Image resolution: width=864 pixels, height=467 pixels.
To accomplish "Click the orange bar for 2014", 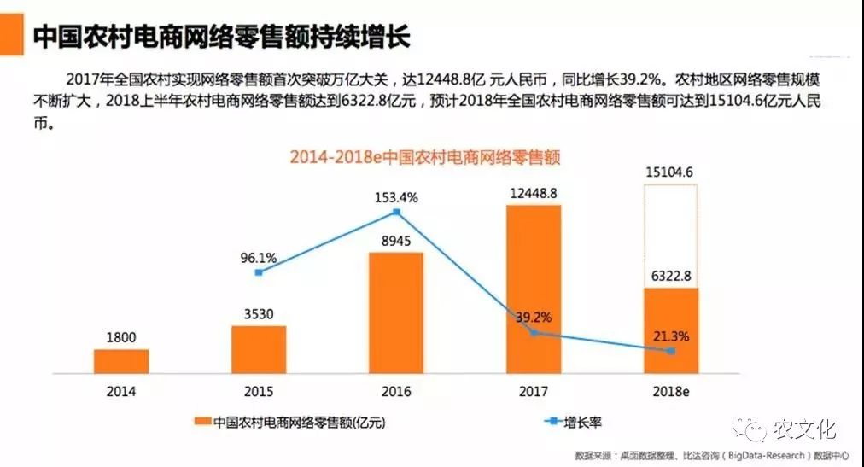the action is (x=120, y=361).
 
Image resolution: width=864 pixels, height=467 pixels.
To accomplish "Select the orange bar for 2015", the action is (x=259, y=350).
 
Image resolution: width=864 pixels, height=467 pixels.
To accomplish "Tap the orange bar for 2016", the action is (x=396, y=312).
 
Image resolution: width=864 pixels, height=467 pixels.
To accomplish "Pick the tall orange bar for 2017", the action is (x=534, y=289).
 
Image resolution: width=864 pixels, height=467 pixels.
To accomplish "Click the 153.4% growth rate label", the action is (x=396, y=197).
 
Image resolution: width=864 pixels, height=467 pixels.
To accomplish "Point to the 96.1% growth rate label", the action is (x=259, y=258).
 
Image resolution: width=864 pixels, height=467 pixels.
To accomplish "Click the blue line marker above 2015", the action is (x=259, y=272).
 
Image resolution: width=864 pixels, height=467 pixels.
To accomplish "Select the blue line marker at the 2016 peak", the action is (x=396, y=212).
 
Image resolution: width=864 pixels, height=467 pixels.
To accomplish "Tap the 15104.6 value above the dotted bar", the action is (x=669, y=172).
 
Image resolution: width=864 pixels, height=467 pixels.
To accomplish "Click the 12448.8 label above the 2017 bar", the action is (x=534, y=193).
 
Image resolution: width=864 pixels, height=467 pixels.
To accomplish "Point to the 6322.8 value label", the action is (x=671, y=276).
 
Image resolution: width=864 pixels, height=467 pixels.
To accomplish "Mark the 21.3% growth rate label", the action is (x=671, y=336).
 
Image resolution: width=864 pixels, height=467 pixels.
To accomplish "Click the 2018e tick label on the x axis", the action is (x=670, y=392).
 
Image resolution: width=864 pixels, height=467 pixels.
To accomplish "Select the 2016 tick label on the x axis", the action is (x=396, y=392).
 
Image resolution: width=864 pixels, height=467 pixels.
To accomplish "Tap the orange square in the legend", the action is (x=203, y=422).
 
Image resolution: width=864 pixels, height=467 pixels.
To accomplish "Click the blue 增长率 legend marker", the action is (x=553, y=422).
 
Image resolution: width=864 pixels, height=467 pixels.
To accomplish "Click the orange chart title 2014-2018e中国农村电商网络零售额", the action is (x=425, y=157).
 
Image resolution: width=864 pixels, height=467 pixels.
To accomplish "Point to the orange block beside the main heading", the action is (x=12, y=34).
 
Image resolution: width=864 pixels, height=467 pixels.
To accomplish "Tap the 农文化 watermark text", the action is (x=805, y=429).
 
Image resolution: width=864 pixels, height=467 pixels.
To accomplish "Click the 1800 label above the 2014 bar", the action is (x=120, y=337).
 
